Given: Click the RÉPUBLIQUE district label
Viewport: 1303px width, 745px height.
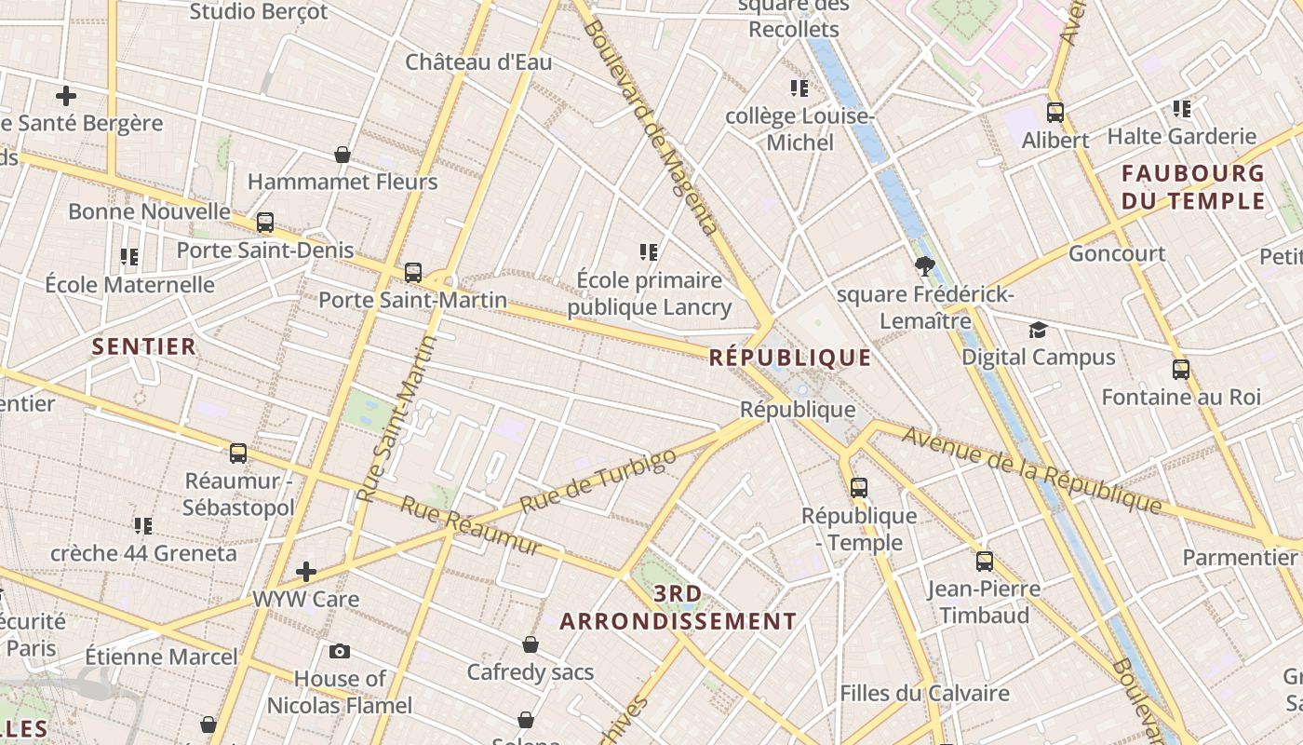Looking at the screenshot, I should tap(790, 358).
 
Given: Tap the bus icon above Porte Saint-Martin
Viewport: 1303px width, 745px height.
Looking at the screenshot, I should tap(413, 273).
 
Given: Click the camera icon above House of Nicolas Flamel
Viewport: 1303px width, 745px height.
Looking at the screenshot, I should tap(340, 651).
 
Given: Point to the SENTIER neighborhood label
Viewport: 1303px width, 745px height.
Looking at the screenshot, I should tap(144, 347).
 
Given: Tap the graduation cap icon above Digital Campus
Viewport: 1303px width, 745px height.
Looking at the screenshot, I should tap(1038, 330).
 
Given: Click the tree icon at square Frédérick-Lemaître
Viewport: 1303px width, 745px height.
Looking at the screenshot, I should tap(924, 267).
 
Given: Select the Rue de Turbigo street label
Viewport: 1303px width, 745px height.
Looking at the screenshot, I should tap(598, 481).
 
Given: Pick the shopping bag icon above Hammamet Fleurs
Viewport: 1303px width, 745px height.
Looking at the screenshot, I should tap(343, 155).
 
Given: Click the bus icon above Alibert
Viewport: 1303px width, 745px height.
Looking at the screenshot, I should tap(1055, 113).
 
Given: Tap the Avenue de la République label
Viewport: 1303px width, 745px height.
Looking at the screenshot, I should tap(1032, 470).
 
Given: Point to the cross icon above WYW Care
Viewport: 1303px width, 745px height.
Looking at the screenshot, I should tap(306, 571).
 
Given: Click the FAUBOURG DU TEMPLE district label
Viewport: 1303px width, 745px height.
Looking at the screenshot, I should tap(1193, 187).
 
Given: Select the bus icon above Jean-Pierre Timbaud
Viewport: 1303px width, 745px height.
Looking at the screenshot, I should tap(985, 562).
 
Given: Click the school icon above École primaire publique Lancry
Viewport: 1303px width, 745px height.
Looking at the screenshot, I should tap(649, 251).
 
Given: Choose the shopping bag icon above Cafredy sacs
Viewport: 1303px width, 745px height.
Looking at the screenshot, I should tap(531, 644).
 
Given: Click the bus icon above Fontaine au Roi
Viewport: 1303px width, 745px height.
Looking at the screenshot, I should tap(1181, 370).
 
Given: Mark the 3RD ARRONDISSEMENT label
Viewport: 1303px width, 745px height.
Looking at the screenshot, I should tap(678, 607).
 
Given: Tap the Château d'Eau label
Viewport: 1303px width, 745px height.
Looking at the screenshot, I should tap(478, 62).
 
